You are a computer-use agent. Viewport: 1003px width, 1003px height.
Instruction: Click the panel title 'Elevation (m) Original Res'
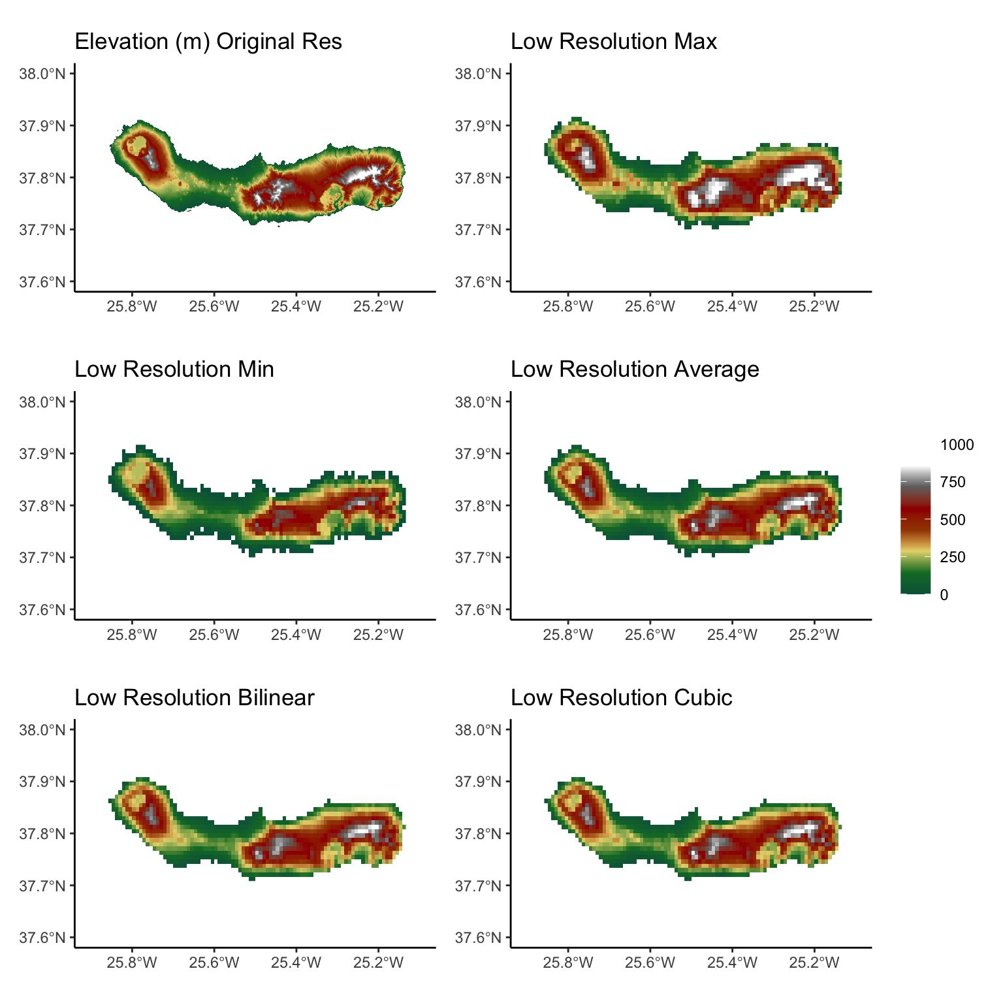click(x=208, y=42)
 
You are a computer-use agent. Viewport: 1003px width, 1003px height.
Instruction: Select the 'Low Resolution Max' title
click(x=614, y=42)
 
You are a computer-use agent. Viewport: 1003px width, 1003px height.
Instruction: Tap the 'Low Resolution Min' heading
click(x=174, y=370)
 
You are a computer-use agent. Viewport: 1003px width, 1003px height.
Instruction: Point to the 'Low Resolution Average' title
click(x=635, y=370)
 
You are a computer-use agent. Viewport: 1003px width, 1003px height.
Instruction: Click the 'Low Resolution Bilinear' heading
click(x=195, y=698)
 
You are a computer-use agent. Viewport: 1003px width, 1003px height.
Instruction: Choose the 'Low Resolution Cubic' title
click(x=622, y=698)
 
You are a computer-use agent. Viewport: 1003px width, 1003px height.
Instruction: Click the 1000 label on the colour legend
click(x=957, y=445)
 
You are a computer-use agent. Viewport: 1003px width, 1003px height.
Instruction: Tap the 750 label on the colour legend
click(x=953, y=483)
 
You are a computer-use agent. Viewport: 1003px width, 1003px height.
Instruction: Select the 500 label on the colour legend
click(x=953, y=520)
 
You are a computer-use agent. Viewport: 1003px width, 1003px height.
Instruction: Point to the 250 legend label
click(x=953, y=558)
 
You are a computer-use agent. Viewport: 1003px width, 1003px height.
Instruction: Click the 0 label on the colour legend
click(x=944, y=595)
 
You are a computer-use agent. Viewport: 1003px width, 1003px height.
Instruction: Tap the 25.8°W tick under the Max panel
click(x=568, y=306)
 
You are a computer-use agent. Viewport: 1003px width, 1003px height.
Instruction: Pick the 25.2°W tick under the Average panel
click(x=814, y=635)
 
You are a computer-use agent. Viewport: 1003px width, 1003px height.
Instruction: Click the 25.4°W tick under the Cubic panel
click(x=732, y=963)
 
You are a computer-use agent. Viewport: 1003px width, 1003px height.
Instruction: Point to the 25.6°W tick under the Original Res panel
click(x=214, y=306)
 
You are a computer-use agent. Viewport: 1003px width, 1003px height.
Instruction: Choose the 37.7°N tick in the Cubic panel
click(x=478, y=886)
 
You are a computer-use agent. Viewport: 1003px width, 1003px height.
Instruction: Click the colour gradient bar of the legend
click(x=915, y=530)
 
